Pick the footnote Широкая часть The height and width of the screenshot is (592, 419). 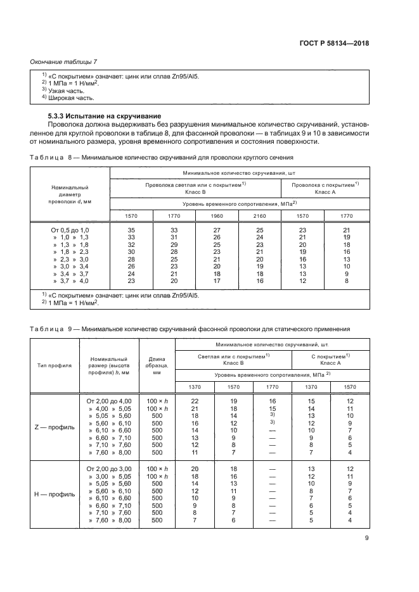tap(70, 98)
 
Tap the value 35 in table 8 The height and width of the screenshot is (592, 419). tap(131, 229)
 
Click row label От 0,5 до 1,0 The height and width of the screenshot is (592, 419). tap(70, 229)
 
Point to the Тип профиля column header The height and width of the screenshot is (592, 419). tap(54, 365)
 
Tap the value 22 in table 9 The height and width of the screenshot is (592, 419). tap(195, 401)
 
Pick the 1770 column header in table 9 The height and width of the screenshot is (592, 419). tap(272, 386)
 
